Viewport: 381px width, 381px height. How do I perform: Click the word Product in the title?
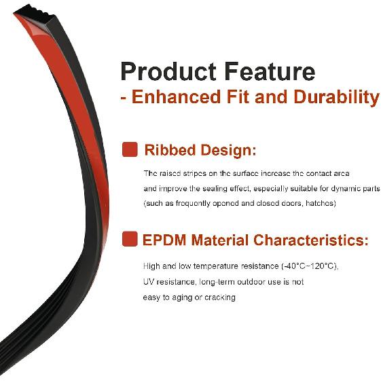pos(168,71)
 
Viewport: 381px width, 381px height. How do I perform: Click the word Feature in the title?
pos(270,71)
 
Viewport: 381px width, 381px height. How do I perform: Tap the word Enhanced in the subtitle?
pos(176,96)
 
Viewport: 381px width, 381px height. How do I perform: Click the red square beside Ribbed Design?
pos(130,149)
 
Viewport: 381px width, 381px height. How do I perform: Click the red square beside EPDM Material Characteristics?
pos(130,239)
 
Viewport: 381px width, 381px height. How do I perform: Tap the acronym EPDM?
pos(164,240)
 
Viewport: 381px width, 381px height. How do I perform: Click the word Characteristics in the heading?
pos(311,240)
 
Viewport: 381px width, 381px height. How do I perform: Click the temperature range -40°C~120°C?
pos(310,266)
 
